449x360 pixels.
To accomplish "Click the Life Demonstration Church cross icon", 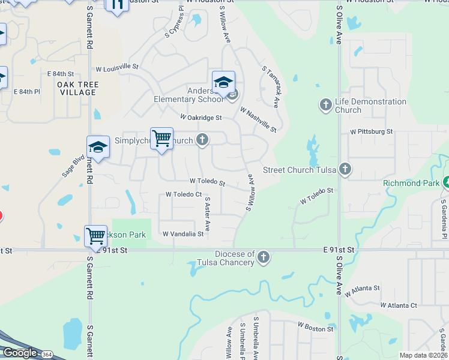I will click(325, 106).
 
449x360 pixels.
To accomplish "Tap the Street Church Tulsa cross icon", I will click(345, 169).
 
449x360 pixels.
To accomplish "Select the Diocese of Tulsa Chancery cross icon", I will click(263, 258).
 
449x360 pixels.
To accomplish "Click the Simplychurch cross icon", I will click(202, 140).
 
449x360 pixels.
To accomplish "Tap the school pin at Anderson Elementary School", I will click(223, 83).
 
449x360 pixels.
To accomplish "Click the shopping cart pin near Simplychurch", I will click(161, 139).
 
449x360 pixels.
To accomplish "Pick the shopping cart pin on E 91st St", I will click(96, 236).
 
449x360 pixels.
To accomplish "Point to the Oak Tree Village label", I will click(77, 88).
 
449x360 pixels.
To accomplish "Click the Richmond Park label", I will click(411, 182).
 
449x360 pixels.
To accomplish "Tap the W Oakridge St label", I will click(201, 118).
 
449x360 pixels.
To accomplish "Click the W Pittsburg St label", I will click(371, 131).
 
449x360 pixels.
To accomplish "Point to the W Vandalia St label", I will click(183, 234).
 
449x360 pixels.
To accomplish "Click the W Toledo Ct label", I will click(184, 194).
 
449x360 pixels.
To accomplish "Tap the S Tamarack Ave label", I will click(271, 86).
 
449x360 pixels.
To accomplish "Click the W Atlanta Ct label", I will click(399, 305).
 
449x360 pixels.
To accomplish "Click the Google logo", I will click(20, 353).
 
